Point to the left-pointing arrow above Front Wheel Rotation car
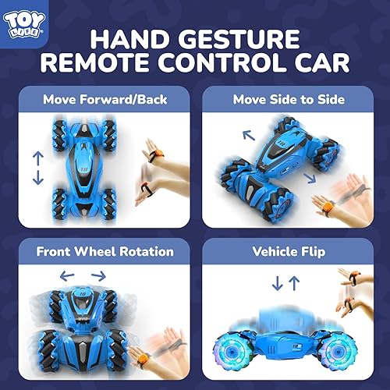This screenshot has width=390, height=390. [x=68, y=275]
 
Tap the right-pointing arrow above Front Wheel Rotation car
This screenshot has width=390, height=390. [x=97, y=275]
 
